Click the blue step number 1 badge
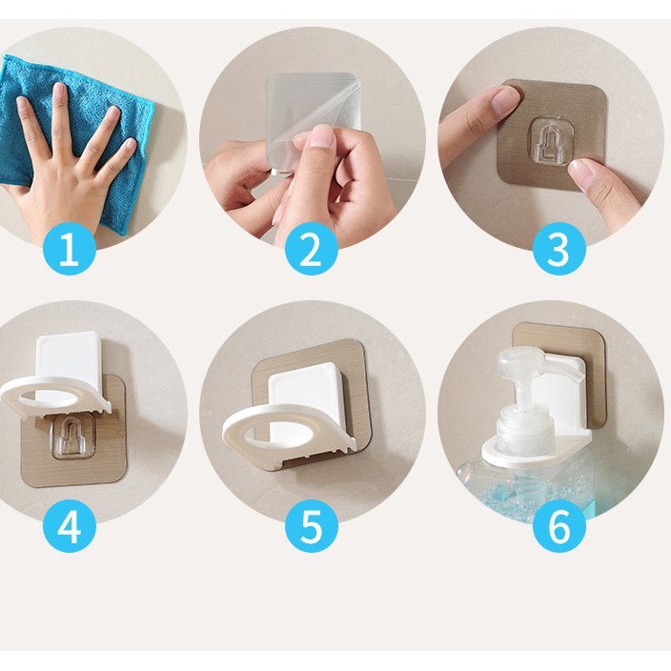tap(70, 250)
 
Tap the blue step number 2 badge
tap(311, 250)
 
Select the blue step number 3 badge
tap(559, 250)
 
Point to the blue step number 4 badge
tap(70, 526)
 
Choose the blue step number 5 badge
tap(311, 526)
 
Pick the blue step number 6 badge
tap(559, 526)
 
